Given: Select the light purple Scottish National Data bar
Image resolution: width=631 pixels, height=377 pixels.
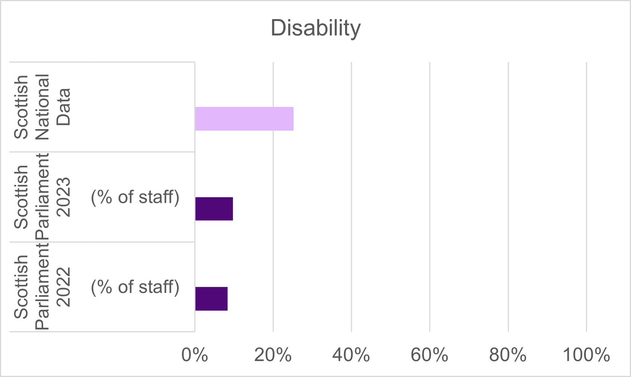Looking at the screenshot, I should (244, 119).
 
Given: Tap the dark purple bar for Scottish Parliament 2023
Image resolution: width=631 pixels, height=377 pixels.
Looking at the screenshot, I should (214, 209).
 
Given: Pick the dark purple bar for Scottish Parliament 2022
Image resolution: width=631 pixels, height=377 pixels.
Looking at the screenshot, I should (211, 299).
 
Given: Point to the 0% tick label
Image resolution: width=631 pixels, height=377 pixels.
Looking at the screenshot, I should (195, 355).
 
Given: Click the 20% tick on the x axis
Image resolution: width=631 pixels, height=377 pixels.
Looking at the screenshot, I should (273, 355).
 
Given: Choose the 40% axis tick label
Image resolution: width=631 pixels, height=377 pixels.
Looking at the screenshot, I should (351, 355).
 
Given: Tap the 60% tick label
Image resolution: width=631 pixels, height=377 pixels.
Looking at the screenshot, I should (429, 355).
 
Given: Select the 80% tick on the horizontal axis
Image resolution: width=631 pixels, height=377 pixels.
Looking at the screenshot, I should (508, 355).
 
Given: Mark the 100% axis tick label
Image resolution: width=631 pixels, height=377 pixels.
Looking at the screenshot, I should (586, 355).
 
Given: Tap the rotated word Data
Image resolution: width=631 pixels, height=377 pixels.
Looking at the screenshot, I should (63, 107).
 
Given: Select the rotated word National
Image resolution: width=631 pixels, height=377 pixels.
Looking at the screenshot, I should (42, 107).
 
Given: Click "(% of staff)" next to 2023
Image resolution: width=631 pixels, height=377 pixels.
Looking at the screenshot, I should (135, 197).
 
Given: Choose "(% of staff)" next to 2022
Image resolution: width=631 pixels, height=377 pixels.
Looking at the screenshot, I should (135, 287).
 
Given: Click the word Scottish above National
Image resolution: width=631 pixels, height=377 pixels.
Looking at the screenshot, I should (21, 107).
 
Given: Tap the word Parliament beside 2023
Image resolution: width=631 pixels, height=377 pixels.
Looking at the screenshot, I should (42, 197).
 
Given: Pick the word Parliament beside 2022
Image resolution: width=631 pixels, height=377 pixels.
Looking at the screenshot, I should (42, 287).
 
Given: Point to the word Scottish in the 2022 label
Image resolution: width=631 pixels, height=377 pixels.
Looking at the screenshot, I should (21, 287).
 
